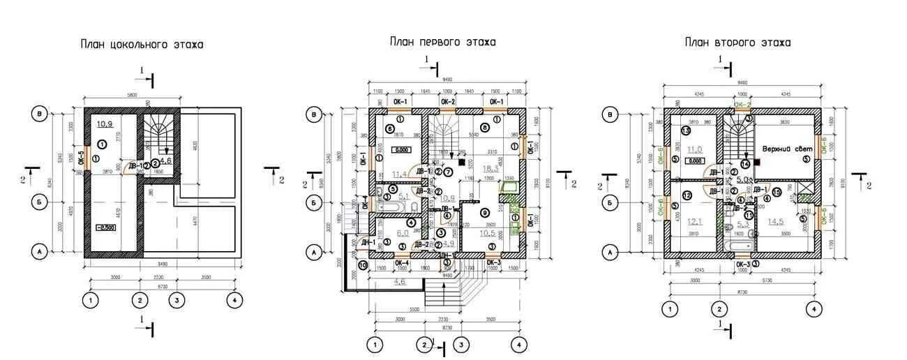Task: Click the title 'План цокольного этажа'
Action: (x=142, y=45)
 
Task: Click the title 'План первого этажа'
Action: (x=442, y=42)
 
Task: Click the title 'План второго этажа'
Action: (x=737, y=43)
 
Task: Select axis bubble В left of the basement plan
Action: (x=41, y=114)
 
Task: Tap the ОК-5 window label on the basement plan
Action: (x=81, y=157)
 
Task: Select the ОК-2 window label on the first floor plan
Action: (x=447, y=102)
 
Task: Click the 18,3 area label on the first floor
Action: (x=493, y=168)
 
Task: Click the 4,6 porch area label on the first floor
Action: (x=399, y=281)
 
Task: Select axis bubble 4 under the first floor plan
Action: (x=518, y=344)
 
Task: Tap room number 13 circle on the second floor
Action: (x=686, y=131)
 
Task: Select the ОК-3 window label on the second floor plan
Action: (x=743, y=265)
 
